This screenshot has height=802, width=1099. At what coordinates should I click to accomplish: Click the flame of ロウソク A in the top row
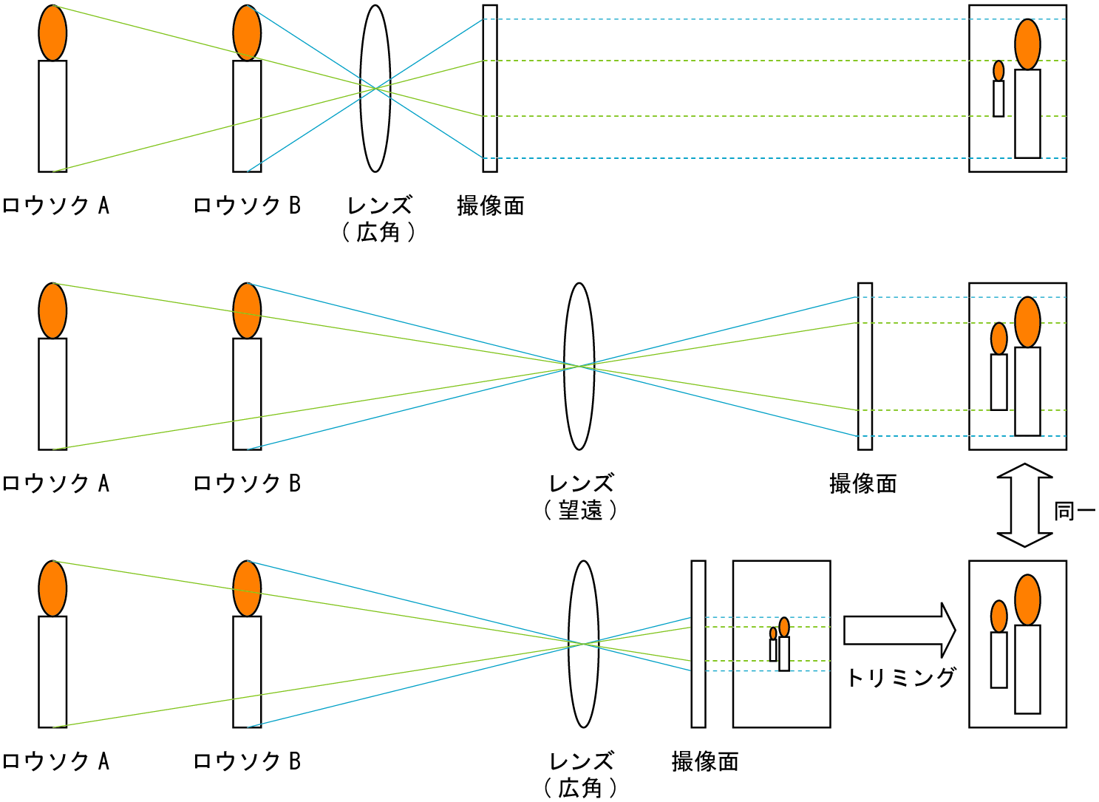pyautogui.click(x=52, y=33)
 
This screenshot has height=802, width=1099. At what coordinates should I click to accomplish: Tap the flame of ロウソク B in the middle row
pyautogui.click(x=247, y=311)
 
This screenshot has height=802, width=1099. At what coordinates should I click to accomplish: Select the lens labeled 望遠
pyautogui.click(x=579, y=367)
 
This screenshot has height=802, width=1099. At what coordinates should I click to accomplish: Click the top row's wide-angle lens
pyautogui.click(x=375, y=89)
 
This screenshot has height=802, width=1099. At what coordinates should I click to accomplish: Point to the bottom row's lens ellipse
pyautogui.click(x=583, y=644)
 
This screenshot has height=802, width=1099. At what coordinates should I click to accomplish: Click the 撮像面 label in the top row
pyautogui.click(x=491, y=205)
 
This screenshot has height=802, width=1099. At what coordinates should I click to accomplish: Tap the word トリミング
pyautogui.click(x=900, y=677)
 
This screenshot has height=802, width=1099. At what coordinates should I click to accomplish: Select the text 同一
pyautogui.click(x=1074, y=511)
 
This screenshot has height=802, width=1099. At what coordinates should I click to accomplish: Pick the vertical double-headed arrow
pyautogui.click(x=1024, y=506)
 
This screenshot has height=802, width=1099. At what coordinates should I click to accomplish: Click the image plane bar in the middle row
pyautogui.click(x=865, y=367)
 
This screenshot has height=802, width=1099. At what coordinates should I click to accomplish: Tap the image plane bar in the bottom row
pyautogui.click(x=698, y=644)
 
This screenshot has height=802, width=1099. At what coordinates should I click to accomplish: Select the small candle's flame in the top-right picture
pyautogui.click(x=998, y=71)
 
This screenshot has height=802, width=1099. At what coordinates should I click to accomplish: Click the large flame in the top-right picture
pyautogui.click(x=1027, y=44)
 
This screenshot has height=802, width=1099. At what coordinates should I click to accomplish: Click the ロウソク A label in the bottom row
pyautogui.click(x=55, y=761)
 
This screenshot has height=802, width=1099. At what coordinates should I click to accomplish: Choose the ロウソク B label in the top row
pyautogui.click(x=247, y=205)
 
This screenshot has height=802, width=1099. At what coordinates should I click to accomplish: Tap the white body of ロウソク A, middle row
pyautogui.click(x=52, y=394)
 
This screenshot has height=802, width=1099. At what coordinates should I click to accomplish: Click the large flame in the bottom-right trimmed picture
pyautogui.click(x=1027, y=600)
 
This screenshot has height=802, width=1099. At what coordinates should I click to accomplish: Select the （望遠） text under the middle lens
pyautogui.click(x=580, y=510)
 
